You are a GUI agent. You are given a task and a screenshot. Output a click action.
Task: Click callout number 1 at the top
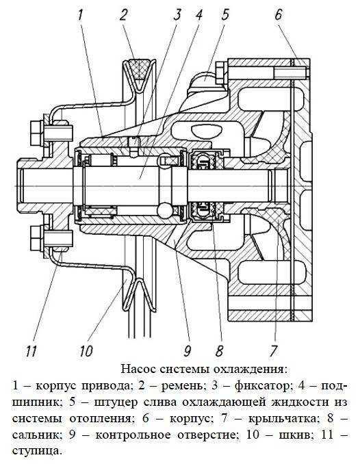pos(81,15)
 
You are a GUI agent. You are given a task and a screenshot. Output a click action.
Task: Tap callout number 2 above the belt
pos(124,15)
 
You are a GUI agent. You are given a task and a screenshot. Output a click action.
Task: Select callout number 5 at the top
pos(225,15)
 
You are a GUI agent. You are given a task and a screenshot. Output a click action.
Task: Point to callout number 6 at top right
pos(279,15)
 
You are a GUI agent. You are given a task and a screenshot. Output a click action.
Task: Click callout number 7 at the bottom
pos(273,351)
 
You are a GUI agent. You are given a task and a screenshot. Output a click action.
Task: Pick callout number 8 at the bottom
pos(220,351)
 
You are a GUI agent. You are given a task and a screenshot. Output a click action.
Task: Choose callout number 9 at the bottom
pos(187,351)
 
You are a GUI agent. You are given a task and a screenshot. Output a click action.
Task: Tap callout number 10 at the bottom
pos(86,351)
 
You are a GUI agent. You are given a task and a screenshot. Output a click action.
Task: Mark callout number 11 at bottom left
pos(31,351)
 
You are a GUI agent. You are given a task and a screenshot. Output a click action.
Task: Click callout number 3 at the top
pos(177,15)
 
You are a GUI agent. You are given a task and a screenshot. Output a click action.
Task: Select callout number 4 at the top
pos(198,15)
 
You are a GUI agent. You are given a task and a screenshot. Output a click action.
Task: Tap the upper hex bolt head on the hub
pos(37,132)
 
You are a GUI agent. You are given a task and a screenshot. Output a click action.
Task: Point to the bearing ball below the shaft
pos(165,210)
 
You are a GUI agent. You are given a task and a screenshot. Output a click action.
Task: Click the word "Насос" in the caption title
pos(138,370)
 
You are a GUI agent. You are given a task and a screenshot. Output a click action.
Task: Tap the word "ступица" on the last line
pos(38,452)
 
